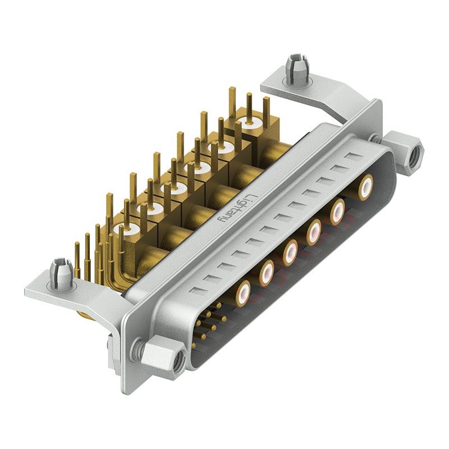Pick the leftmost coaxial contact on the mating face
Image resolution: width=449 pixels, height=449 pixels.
[243, 293]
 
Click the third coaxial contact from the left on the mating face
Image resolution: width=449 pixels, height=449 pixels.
[290, 252]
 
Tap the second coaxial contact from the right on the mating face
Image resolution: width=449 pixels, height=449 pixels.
[338, 211]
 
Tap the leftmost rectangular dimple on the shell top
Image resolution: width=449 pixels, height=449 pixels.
[194, 290]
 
